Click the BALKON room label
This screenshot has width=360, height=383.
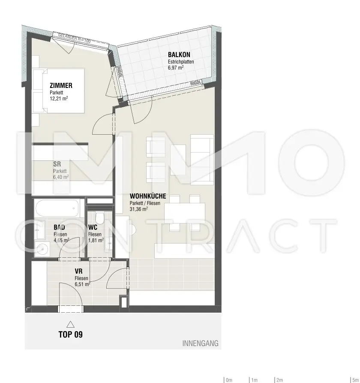pos(179,54)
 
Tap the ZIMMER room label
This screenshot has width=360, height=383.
pos(61,85)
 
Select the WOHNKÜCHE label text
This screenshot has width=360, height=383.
pos(148,196)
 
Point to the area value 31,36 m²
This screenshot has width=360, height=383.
pos(139,209)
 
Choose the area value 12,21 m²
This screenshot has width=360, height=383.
pos(59,98)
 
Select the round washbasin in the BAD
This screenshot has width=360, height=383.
pos(42,248)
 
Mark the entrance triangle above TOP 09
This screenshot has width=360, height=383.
pos(70,324)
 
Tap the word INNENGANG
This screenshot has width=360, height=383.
pos(201,343)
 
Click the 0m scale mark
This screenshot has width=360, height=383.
pos(228,380)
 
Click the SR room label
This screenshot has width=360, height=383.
pos(57,163)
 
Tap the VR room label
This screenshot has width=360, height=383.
pos(78,271)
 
